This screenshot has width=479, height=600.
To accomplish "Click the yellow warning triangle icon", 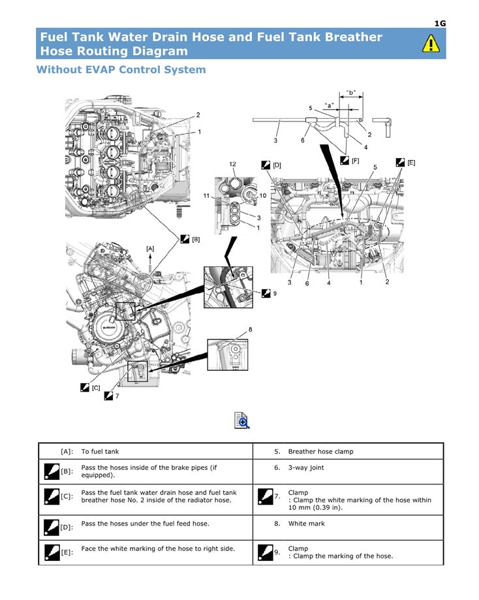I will (430, 44).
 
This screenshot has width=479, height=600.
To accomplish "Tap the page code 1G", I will (440, 24).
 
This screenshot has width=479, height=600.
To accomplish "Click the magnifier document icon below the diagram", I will (241, 420).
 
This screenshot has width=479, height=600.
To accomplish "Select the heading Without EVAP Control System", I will (121, 69).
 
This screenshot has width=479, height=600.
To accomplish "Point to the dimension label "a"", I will (330, 104).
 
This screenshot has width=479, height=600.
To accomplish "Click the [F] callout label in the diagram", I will (355, 160).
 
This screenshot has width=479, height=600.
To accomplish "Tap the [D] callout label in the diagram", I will (277, 165).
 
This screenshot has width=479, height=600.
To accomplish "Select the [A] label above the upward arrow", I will (150, 248).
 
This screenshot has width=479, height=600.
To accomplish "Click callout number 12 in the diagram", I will (232, 163).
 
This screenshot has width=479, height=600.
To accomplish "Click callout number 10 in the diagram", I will (263, 195).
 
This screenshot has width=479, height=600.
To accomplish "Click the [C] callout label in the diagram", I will (96, 388).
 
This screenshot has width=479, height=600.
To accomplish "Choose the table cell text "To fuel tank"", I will (100, 451).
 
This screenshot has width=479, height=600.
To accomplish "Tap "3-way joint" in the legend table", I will (305, 467).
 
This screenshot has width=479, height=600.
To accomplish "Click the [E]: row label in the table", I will (67, 552).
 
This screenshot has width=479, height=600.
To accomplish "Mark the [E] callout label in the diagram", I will (411, 163).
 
